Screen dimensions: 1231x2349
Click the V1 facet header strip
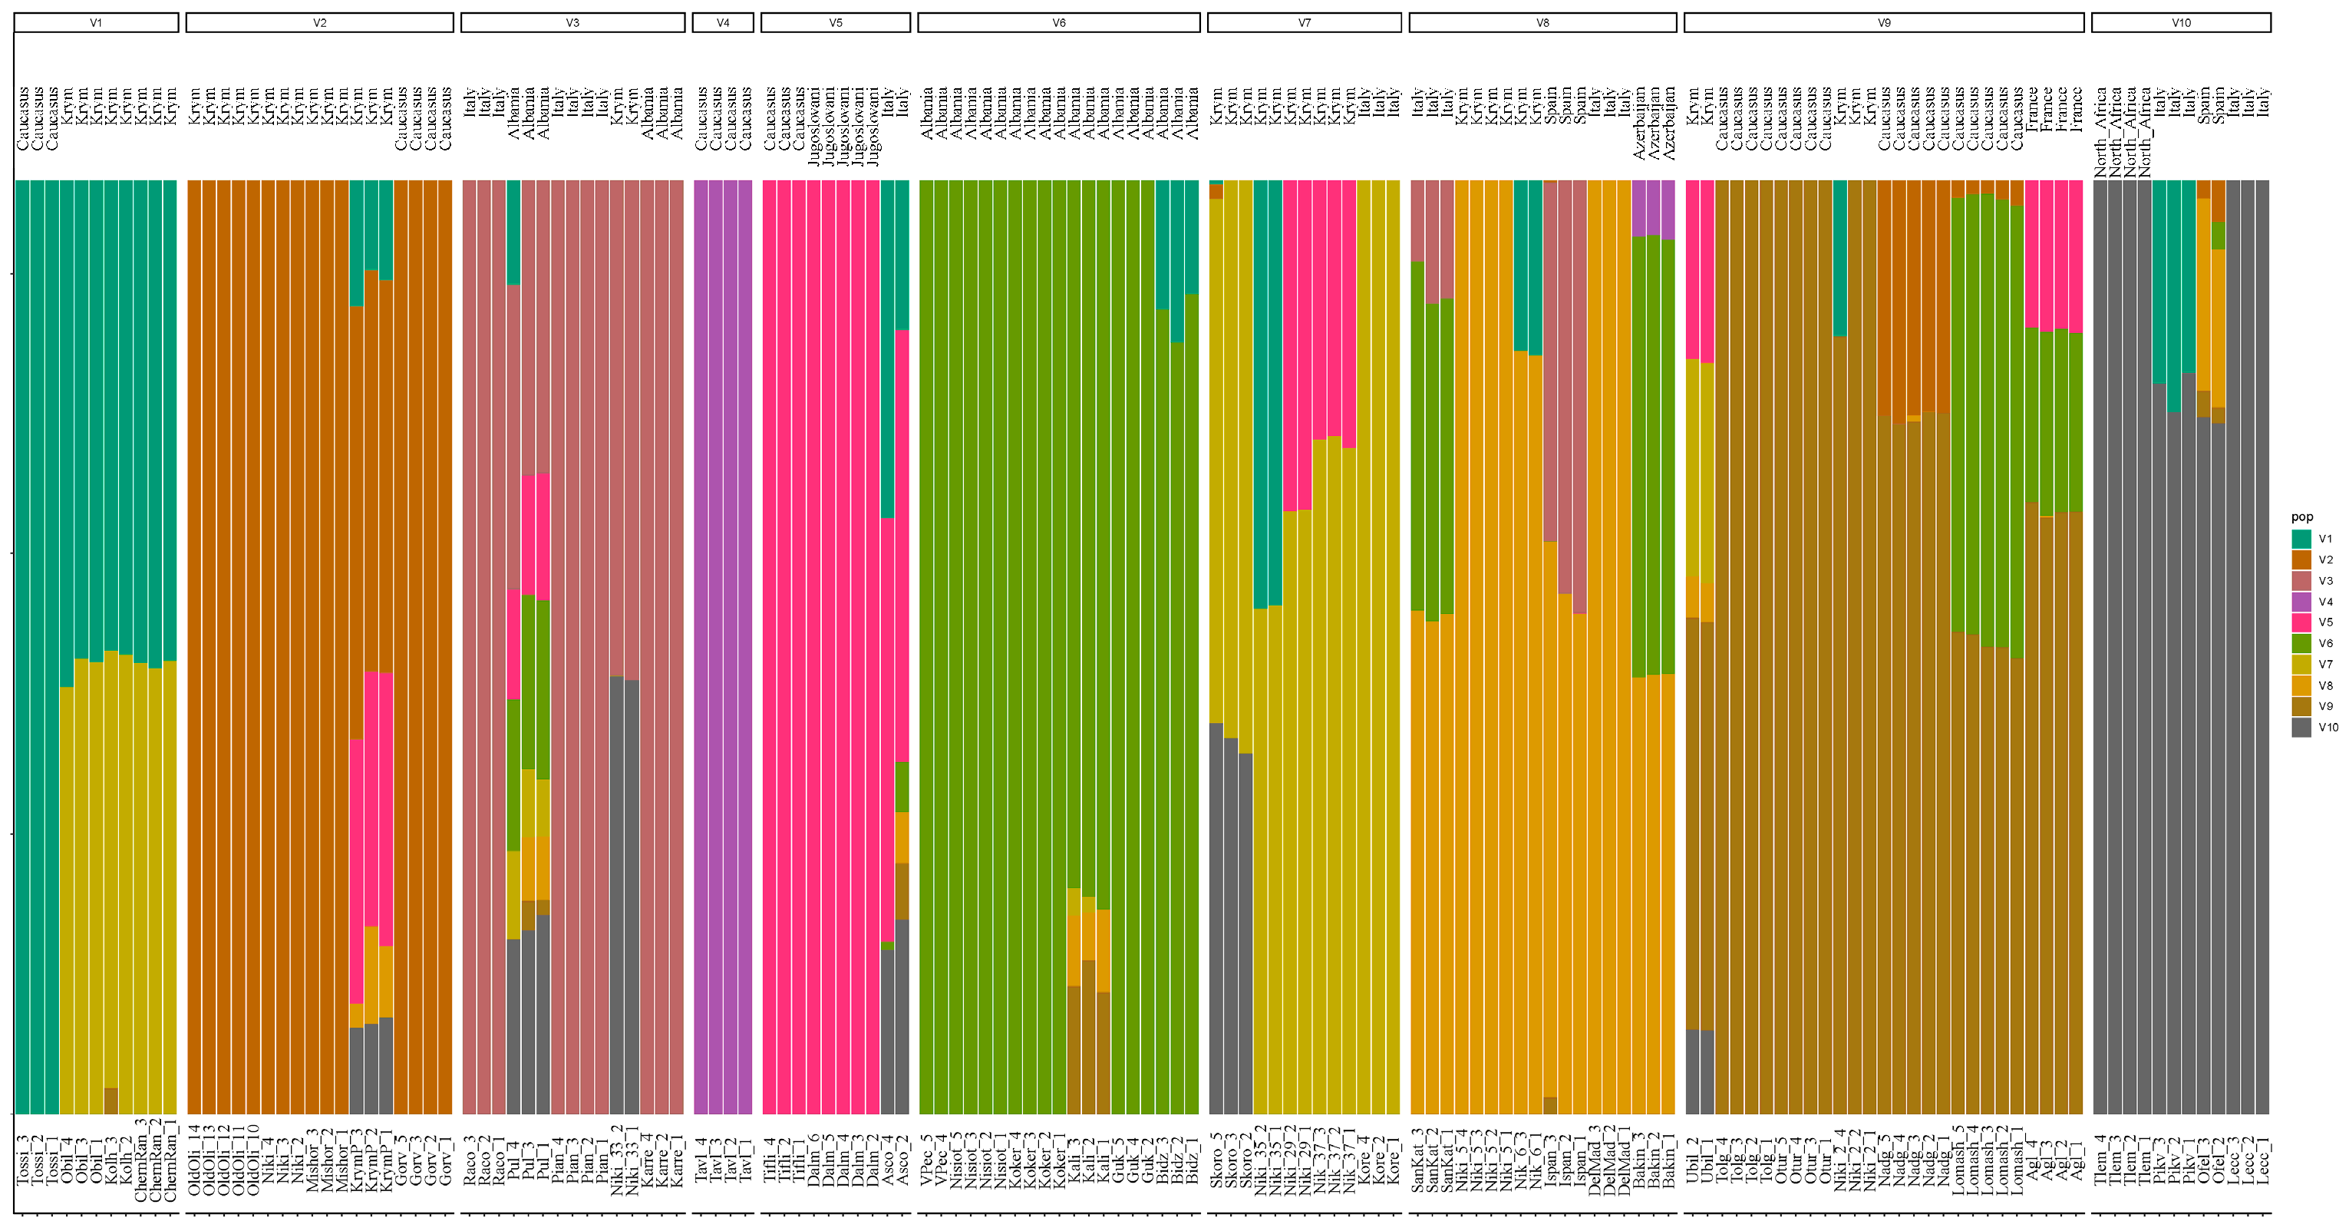[96, 23]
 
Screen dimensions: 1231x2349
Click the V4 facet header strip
[722, 23]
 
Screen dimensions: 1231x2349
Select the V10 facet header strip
[2180, 23]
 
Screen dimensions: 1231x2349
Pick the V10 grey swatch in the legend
[2301, 728]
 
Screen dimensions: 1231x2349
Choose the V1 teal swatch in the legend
[2301, 539]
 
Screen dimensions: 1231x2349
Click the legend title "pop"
[2301, 517]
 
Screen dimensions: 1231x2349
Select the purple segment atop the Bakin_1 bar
[1668, 210]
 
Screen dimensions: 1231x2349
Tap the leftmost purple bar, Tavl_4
[701, 639]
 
